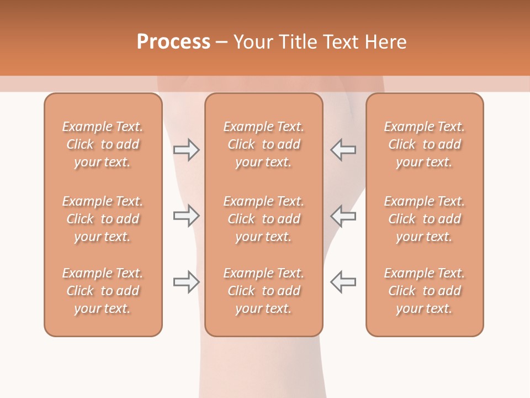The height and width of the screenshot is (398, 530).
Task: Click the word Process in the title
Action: pos(173,42)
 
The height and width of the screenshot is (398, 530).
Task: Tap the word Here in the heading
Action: pos(386,42)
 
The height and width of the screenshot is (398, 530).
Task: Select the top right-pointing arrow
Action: pos(186,150)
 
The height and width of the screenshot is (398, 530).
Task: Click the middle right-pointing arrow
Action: pos(186,216)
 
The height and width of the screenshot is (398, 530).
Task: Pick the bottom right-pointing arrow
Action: pos(186,282)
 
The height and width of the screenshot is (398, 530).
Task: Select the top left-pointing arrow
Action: pos(343,150)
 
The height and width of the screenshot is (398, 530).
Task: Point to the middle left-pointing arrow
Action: pos(343,216)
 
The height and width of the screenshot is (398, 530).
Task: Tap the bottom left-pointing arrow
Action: pos(343,282)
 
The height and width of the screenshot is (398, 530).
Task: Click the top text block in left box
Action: pos(103,144)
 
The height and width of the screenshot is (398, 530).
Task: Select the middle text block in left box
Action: pos(103,219)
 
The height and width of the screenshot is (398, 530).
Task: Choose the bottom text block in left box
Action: pos(103,291)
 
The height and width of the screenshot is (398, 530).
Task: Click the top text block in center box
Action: pos(264,144)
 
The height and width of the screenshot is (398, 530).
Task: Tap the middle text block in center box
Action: pos(264,219)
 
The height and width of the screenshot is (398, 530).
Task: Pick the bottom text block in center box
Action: pos(264,291)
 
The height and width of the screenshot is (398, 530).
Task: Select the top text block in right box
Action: pos(425,144)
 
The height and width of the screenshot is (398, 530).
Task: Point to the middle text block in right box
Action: pos(425,219)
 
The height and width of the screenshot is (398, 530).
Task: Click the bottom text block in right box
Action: pos(425,291)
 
